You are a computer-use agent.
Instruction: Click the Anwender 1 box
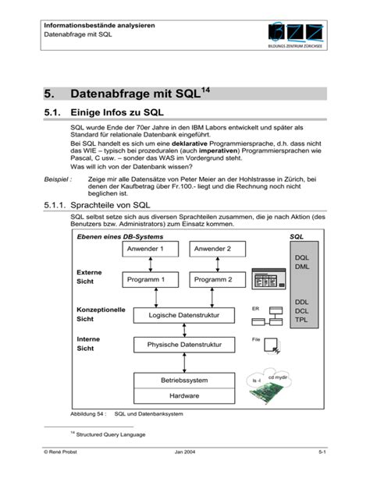point(151,250)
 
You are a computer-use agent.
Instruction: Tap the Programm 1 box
point(151,279)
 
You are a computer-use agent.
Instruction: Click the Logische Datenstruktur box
point(184,315)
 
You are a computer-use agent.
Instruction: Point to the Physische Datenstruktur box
point(184,345)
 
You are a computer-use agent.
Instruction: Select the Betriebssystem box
point(184,381)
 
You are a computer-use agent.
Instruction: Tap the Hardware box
point(184,395)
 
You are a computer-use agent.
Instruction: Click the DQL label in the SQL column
point(302,257)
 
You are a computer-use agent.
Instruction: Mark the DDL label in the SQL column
point(302,301)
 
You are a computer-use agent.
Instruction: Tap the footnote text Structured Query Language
point(109,434)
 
